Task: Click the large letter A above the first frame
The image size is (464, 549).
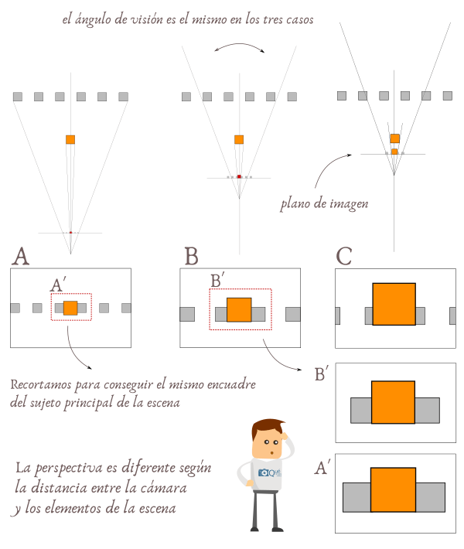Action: [x=21, y=256]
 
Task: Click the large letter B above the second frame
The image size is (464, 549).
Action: [x=193, y=256]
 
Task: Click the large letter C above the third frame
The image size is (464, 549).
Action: [x=346, y=256]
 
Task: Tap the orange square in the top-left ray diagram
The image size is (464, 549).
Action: [x=70, y=139]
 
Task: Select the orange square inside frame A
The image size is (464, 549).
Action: [x=70, y=308]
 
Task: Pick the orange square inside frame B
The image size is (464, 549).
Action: [x=240, y=309]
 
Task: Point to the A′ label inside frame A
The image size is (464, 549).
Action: [x=58, y=285]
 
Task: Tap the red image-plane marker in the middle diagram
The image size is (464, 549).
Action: [x=240, y=177]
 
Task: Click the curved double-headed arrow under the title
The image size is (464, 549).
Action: [x=239, y=48]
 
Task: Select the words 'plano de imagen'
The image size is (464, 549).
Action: [x=323, y=205]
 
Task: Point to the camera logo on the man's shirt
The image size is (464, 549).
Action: [x=267, y=472]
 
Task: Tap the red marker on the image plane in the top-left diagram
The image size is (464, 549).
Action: [x=70, y=232]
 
